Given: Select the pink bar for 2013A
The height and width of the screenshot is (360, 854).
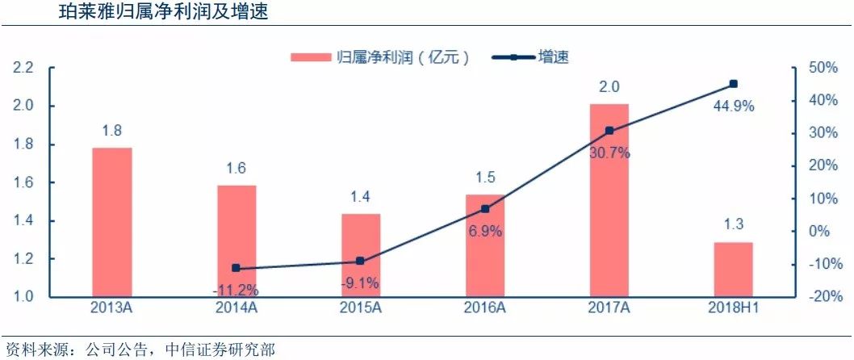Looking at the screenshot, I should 112,222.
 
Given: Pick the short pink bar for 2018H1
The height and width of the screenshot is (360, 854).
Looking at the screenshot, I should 733,270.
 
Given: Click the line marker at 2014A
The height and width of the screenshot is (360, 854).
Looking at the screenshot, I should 237,268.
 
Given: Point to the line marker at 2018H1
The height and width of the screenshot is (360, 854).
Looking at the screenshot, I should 733,84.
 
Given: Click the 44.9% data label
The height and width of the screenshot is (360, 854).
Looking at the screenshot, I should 733,104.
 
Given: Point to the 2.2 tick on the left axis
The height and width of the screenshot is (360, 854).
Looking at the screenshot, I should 23,68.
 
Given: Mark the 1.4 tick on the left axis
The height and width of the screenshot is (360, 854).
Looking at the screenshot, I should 23,221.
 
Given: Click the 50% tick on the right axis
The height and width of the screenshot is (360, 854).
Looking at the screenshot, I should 820,68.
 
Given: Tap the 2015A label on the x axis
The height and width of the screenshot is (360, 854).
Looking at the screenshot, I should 360,308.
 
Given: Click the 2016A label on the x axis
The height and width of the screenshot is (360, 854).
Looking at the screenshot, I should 484,308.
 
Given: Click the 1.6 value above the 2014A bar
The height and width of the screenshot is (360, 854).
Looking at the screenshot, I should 237,169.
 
